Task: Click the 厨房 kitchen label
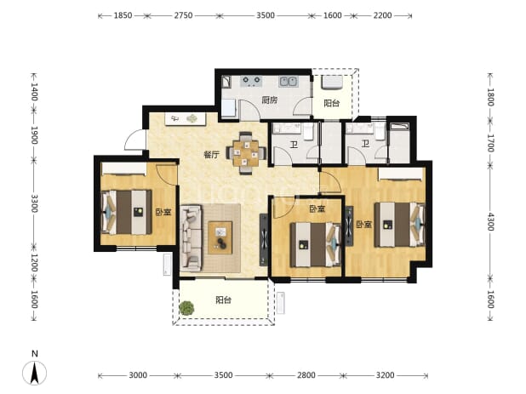(270, 100)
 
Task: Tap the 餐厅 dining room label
(212, 155)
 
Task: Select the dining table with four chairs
(247, 153)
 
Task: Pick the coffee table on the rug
(220, 237)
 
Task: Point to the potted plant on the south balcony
(186, 308)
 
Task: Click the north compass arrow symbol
(35, 373)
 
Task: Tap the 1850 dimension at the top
(123, 15)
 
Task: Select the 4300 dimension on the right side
(490, 221)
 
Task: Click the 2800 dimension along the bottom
(306, 375)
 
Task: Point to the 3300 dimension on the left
(34, 203)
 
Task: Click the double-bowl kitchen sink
(288, 82)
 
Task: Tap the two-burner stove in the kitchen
(252, 81)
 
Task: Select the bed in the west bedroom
(127, 212)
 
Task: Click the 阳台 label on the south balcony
(223, 300)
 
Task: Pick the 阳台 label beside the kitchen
(332, 103)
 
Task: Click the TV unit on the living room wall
(264, 240)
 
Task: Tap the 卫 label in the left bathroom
(294, 145)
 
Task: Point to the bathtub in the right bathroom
(399, 144)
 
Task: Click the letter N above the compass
(35, 353)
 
